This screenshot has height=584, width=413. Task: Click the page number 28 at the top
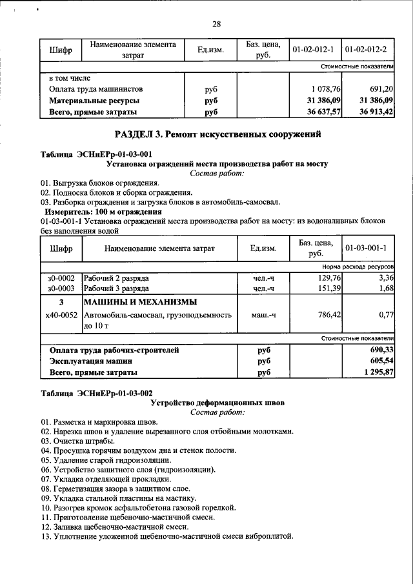(216, 24)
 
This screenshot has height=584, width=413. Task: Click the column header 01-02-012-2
(368, 50)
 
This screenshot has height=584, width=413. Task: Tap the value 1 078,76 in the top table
(325, 88)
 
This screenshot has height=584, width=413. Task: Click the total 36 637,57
(321, 112)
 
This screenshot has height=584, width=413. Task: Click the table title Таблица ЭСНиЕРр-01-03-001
(96, 154)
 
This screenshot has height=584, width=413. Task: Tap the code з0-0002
(61, 277)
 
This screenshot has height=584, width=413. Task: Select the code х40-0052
(61, 315)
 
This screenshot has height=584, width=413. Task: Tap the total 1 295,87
(378, 373)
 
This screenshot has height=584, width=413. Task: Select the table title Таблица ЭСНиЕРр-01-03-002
(96, 392)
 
